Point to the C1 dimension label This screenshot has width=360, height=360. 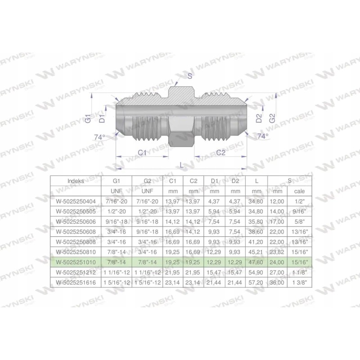point(143,153)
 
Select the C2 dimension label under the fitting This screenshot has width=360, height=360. point(220,153)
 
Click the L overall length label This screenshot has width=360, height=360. point(181,166)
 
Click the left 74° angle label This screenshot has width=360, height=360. point(99,137)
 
